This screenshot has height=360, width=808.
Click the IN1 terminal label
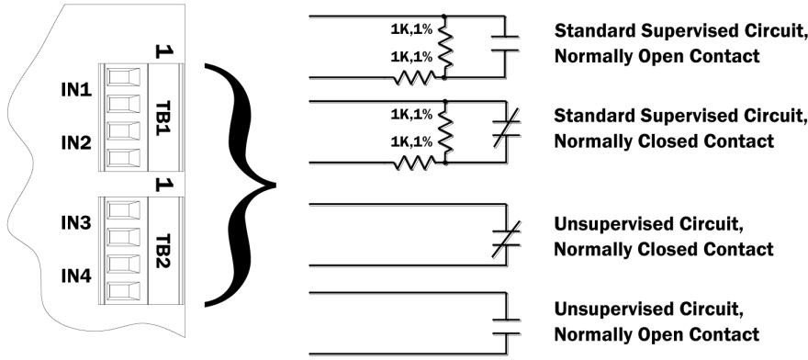pyautogui.click(x=76, y=92)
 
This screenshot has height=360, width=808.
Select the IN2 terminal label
pyautogui.click(x=76, y=143)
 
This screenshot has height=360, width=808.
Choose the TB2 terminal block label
pyautogui.click(x=161, y=246)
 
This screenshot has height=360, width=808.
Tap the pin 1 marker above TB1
pyautogui.click(x=162, y=53)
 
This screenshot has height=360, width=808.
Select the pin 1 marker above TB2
pyautogui.click(x=162, y=184)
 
